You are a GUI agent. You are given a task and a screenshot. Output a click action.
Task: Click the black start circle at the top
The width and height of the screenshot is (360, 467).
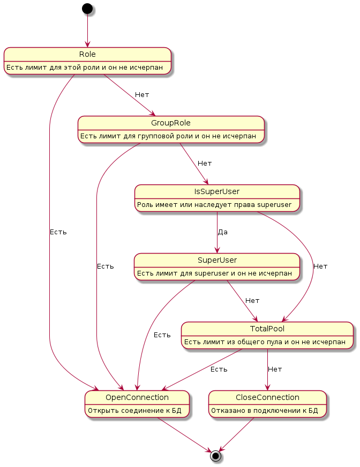coord(87,9)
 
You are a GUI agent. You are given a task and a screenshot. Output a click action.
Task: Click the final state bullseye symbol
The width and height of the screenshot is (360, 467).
coord(215,456)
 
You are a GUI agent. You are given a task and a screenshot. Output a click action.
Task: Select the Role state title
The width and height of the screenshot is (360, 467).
coord(87,54)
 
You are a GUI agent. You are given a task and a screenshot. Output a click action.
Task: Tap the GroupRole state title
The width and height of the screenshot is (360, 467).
coord(171,123)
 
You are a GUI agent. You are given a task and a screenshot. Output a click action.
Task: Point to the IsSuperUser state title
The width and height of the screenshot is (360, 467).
coord(217,191)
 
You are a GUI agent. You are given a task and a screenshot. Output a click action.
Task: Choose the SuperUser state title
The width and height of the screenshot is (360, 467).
coord(217,260)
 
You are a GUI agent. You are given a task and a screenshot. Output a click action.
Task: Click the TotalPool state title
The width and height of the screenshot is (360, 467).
coord(267,329)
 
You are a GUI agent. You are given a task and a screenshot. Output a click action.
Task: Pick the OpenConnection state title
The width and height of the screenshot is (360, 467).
coord(137,397)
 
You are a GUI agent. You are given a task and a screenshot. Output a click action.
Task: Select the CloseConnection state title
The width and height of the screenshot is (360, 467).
coord(267,397)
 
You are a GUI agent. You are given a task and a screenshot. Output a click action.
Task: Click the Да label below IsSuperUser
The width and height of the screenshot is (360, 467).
coord(222,232)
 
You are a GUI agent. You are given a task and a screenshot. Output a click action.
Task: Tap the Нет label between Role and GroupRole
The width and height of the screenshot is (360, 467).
coord(142,95)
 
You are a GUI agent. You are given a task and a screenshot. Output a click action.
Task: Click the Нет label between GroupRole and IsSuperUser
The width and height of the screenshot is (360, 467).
coord(205,163)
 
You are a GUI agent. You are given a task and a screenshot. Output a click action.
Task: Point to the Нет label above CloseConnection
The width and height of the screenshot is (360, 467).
coord(275,369)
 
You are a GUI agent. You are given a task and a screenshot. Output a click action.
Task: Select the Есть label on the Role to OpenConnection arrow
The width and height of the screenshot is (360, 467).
coord(58,232)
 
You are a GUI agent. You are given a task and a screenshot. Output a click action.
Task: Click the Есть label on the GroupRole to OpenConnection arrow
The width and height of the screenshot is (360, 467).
coord(106,266)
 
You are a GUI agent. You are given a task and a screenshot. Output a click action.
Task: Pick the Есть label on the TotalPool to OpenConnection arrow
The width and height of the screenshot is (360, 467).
coord(219,369)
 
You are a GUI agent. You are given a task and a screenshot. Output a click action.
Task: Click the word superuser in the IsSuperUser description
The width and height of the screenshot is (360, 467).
coord(274,205)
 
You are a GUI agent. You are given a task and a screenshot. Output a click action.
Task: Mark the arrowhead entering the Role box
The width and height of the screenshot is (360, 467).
coord(87,44)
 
